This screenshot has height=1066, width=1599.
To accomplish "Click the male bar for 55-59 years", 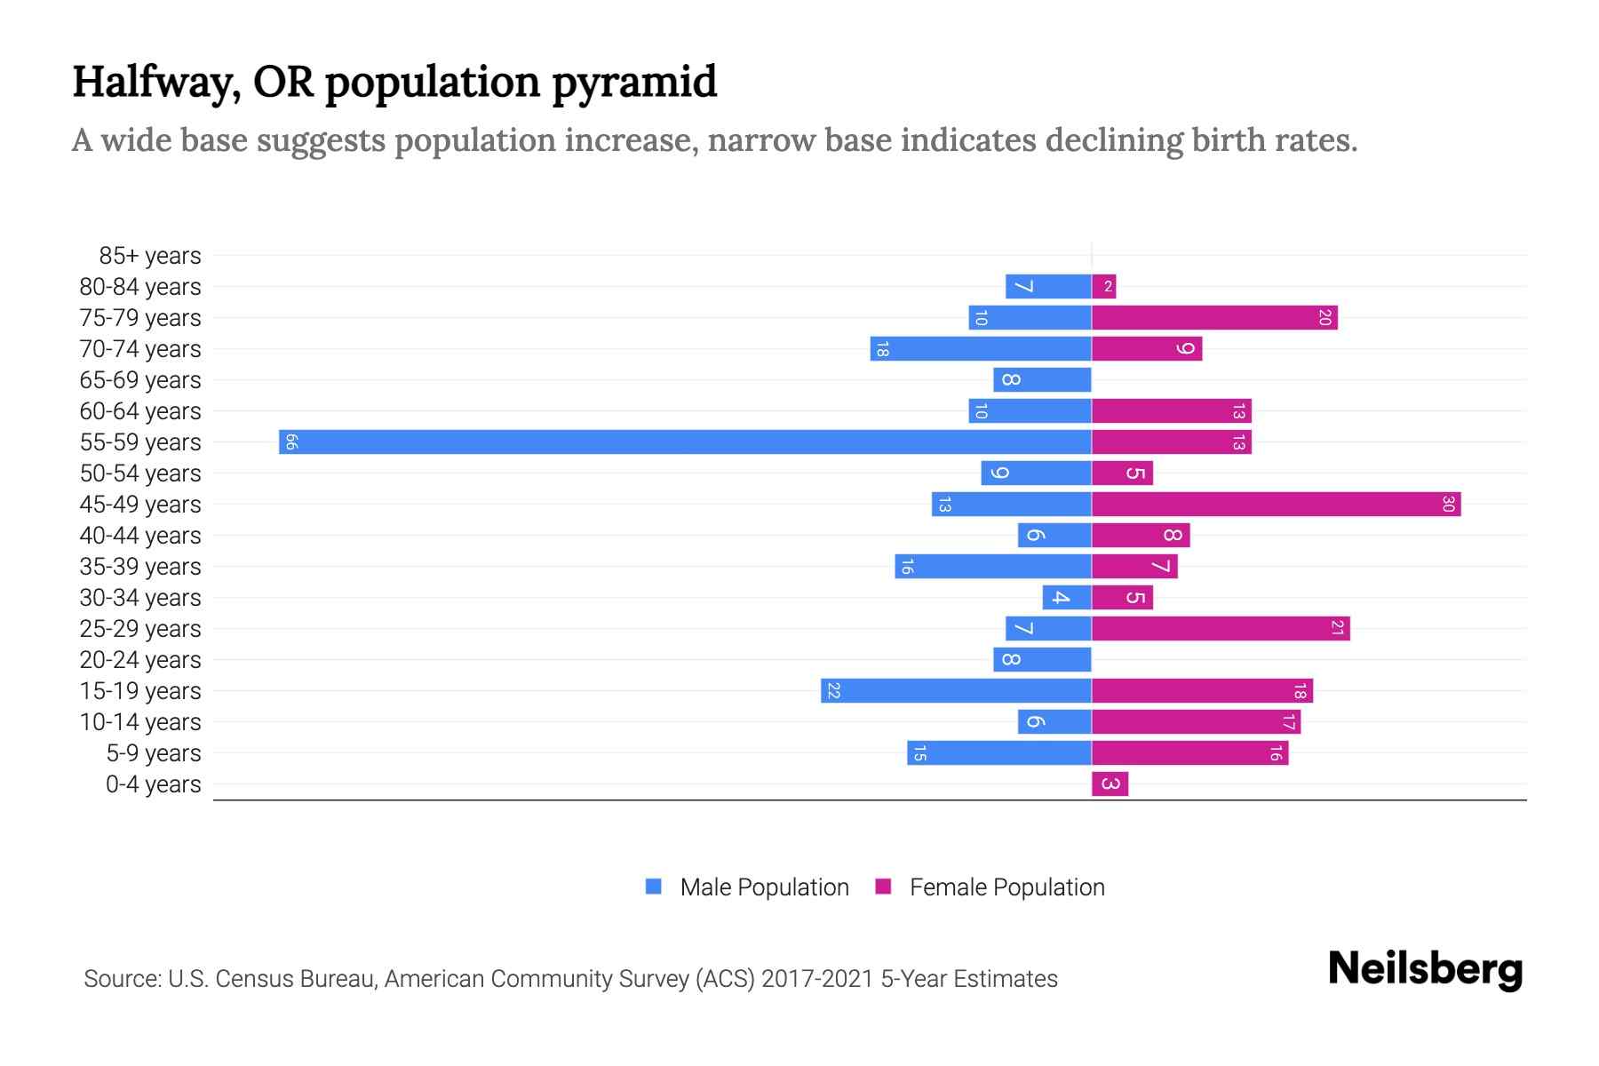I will [684, 442].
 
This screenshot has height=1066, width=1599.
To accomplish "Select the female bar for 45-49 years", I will [1276, 504].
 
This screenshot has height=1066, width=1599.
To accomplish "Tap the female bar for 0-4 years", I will [1110, 784].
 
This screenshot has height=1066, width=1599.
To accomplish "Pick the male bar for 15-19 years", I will [956, 690].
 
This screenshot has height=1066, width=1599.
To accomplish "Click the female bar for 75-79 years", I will [1214, 317].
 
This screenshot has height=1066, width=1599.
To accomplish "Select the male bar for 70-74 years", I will [981, 348].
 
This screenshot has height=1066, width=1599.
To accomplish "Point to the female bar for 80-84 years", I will [1103, 286].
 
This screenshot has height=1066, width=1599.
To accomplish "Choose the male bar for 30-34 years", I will [1067, 597].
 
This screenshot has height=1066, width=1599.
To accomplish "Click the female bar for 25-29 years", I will [1221, 628].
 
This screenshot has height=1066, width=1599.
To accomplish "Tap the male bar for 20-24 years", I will [1042, 659].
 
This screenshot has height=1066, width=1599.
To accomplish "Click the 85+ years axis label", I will [149, 256].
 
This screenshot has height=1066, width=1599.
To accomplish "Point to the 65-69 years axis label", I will [140, 380].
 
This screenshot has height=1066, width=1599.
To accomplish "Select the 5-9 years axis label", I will [153, 753].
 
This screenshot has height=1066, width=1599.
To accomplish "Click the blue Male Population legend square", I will [654, 887].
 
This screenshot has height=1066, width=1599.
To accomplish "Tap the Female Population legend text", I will [1006, 887].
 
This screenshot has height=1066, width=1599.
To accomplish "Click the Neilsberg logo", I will [1425, 969].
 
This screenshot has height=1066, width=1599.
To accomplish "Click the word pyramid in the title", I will [633, 83].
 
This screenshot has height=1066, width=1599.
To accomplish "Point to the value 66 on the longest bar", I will [290, 442].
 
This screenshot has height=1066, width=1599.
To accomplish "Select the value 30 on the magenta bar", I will [1448, 504].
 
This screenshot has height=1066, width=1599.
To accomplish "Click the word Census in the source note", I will [253, 979].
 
